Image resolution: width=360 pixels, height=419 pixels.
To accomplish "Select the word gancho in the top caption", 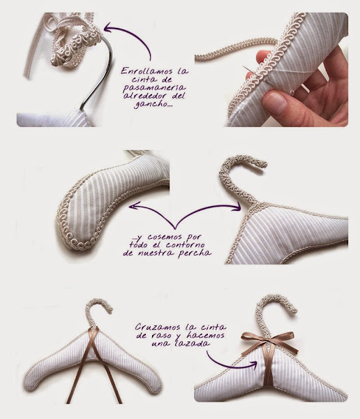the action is tap(152, 104).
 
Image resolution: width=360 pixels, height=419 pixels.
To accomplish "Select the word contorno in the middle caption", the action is tap(185, 244).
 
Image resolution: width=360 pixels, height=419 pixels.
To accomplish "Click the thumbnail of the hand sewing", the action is tap(271, 69).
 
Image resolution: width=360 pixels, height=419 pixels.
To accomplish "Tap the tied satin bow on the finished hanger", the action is tap(269, 341).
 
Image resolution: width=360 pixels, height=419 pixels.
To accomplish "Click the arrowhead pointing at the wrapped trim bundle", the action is tap(108, 27).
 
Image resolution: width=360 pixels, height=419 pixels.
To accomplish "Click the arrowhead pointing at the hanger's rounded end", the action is tap(133, 206).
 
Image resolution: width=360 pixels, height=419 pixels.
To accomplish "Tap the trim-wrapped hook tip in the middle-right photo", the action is tap(263, 163).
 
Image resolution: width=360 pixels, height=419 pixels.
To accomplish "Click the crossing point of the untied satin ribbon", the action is tap(95, 334).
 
